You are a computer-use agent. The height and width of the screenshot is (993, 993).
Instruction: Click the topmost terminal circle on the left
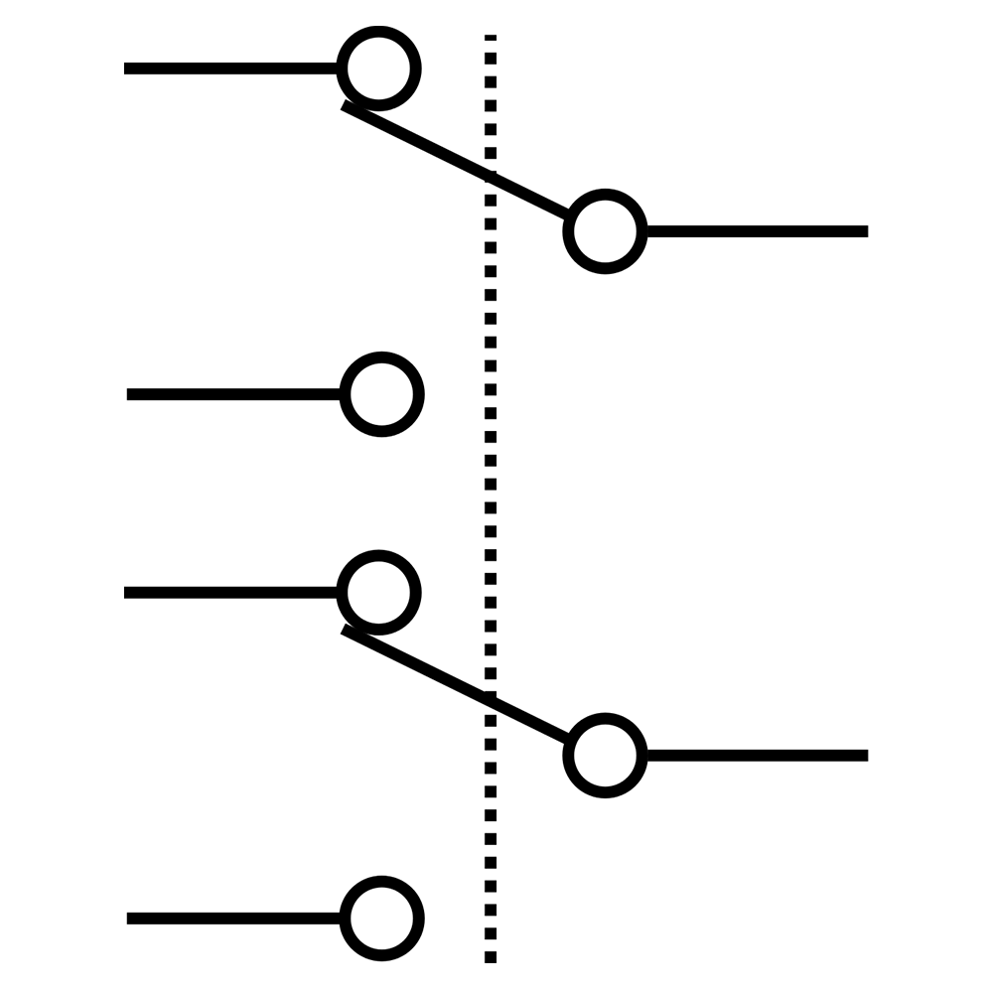tap(378, 69)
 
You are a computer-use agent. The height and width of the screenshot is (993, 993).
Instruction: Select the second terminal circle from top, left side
tap(382, 394)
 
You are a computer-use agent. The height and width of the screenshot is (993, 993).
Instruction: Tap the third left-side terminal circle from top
tap(378, 593)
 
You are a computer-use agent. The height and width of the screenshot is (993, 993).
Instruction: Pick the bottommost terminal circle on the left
tap(382, 919)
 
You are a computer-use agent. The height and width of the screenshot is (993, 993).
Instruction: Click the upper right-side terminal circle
tap(605, 231)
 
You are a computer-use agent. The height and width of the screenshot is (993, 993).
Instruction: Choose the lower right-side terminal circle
tap(605, 756)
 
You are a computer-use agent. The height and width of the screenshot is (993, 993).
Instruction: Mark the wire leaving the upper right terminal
tap(755, 231)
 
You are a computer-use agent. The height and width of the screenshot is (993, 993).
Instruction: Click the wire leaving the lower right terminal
tap(755, 756)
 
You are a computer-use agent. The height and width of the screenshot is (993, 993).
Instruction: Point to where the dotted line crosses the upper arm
tap(491, 178)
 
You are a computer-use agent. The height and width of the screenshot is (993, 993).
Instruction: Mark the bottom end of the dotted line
tap(491, 959)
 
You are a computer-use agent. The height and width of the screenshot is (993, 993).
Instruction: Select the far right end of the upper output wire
tap(864, 231)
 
